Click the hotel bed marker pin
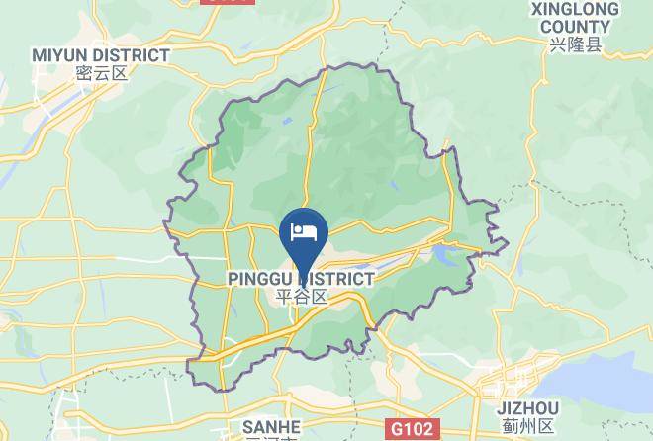pos(305,237)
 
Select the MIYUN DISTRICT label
pos(100,55)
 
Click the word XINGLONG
pos(574,9)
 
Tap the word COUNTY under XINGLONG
pos(575,27)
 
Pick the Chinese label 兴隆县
pos(576,45)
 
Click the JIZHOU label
pos(524,408)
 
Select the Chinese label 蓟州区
pos(524,426)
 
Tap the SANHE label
pos(270,425)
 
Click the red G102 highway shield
pos(410,429)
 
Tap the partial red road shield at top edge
pos(227,3)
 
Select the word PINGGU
pos(257,279)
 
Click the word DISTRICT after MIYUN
pos(134,55)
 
